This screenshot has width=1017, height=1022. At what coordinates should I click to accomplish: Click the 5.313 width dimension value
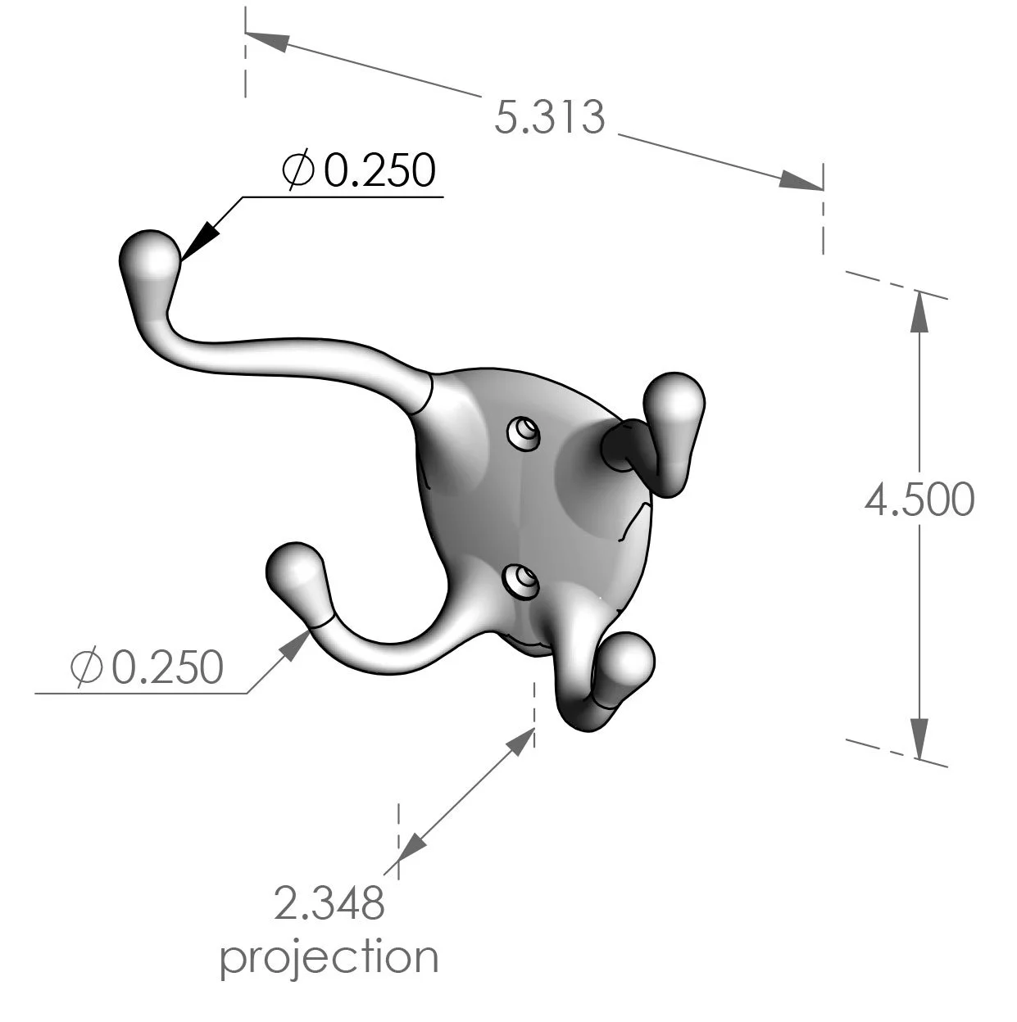click(550, 117)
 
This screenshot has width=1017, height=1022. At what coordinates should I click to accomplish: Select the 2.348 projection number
click(329, 903)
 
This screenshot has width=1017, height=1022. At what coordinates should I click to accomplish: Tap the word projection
click(329, 956)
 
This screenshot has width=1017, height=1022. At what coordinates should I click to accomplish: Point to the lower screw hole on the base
click(520, 581)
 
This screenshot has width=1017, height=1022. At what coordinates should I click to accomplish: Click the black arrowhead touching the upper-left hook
click(199, 242)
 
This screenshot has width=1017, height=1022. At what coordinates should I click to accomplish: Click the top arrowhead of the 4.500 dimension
click(919, 311)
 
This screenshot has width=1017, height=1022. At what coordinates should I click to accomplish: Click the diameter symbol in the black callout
click(297, 170)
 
